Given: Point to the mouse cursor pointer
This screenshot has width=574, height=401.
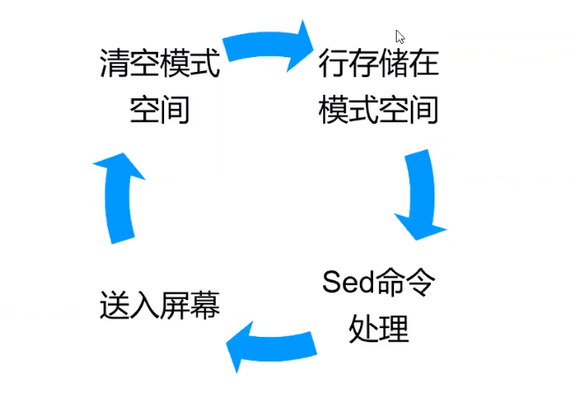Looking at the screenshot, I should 399,36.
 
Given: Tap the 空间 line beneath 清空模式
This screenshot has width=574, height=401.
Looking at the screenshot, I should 159,111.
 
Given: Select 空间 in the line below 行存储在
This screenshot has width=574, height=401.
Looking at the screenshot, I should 409,111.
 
